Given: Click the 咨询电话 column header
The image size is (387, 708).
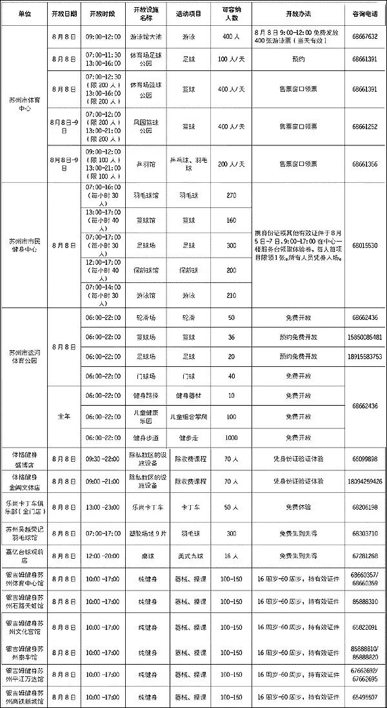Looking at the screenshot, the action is [x=364, y=14].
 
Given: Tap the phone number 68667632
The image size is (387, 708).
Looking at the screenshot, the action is [x=364, y=37].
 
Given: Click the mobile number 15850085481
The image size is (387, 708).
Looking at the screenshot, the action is [x=364, y=338].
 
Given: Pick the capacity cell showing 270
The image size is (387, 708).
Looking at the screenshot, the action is [x=231, y=194].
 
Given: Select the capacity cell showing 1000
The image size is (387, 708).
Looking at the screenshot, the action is [x=231, y=437].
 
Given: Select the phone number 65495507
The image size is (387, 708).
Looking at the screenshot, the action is [x=364, y=698].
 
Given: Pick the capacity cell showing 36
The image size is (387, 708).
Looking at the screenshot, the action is [x=231, y=338].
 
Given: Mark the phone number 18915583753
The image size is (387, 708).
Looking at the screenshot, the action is [x=364, y=357].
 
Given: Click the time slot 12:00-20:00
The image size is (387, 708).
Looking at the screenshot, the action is [x=103, y=556].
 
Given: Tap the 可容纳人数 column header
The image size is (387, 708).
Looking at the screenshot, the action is [x=231, y=14].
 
